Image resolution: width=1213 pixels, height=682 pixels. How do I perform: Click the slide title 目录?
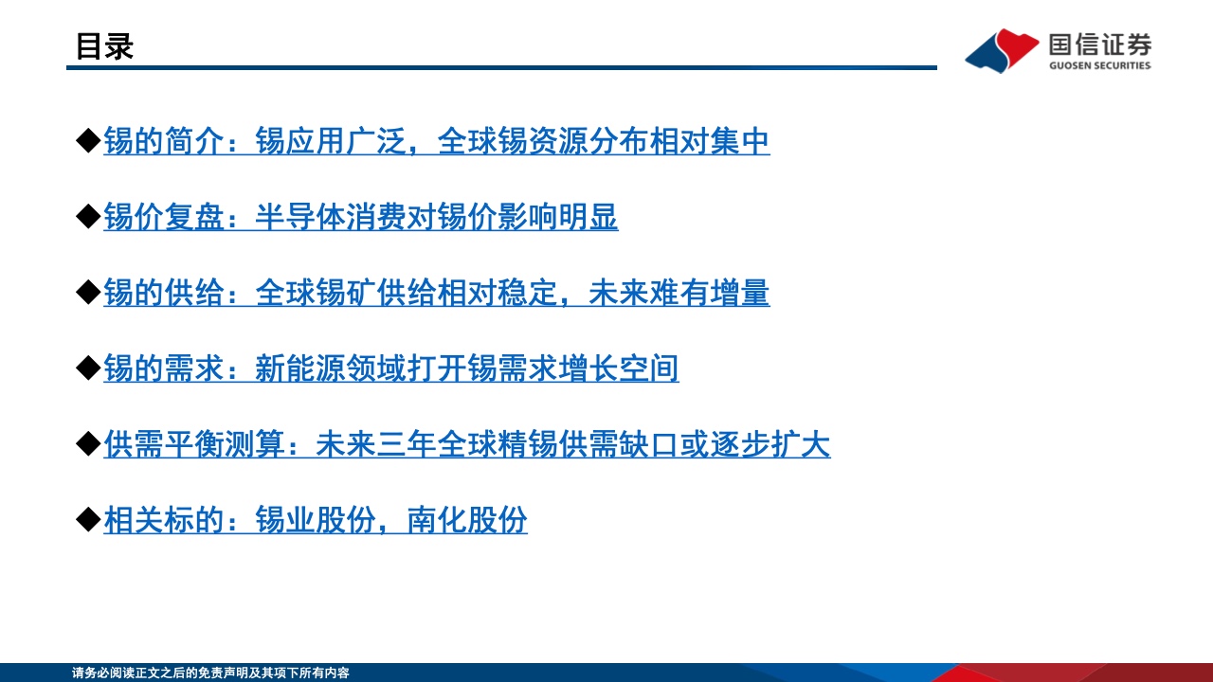(104, 46)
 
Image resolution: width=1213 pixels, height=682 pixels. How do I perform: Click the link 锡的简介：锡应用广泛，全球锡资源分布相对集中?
(437, 141)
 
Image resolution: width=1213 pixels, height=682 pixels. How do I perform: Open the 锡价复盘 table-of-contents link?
(361, 217)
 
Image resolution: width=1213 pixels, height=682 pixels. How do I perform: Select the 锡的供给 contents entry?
(437, 293)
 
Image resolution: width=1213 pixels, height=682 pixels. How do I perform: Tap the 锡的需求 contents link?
(391, 368)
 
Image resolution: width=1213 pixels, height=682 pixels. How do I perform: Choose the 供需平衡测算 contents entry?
(467, 444)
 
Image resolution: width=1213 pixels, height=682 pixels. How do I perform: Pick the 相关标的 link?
(316, 520)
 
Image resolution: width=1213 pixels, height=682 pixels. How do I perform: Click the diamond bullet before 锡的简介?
(88, 141)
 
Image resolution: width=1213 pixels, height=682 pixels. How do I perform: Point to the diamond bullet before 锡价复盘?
(88, 217)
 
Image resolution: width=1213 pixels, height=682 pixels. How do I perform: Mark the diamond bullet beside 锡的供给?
(88, 293)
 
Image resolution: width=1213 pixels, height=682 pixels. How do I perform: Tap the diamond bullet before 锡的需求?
(88, 368)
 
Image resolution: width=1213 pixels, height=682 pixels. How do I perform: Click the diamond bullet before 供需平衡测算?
(88, 444)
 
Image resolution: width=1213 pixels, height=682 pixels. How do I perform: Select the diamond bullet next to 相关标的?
(88, 520)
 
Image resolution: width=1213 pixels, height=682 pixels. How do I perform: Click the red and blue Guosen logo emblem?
(1002, 50)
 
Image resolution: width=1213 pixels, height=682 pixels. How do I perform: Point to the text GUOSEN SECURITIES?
(1100, 65)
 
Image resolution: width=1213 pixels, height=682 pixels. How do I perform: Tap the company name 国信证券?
(1100, 45)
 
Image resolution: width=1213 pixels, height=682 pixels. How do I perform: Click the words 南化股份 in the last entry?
(467, 520)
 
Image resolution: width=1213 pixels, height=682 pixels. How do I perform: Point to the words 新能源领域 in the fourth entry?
(331, 368)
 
